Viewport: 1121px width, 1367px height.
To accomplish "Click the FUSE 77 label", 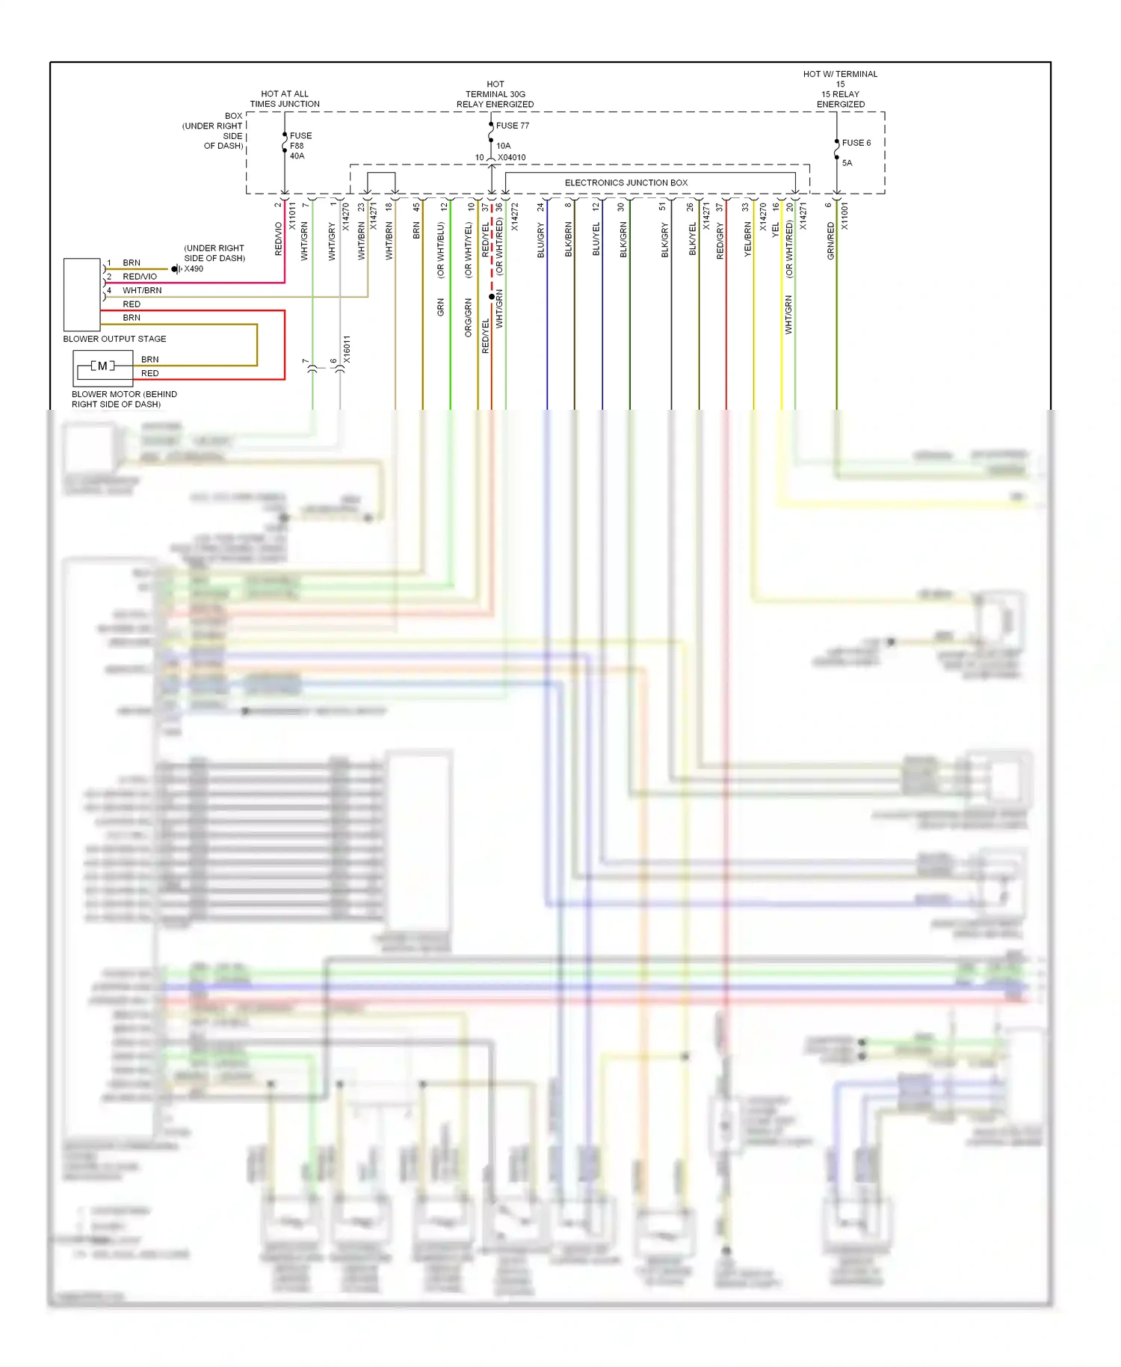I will [x=513, y=126].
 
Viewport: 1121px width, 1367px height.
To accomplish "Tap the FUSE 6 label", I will [x=856, y=143].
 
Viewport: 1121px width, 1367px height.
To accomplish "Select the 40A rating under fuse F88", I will [x=297, y=156].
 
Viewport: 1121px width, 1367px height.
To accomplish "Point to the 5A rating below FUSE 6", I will [x=847, y=163].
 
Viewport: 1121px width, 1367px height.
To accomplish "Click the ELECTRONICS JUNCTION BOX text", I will [x=626, y=182].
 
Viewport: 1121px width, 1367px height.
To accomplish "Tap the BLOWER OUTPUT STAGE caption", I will [x=114, y=339].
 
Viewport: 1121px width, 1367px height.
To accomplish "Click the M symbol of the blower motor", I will [x=102, y=366].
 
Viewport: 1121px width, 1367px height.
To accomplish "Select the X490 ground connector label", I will [x=194, y=269].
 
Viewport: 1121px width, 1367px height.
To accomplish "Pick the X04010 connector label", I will [x=512, y=158].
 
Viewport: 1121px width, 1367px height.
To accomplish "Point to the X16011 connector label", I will [x=347, y=349].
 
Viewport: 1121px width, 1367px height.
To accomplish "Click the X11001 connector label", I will [x=845, y=216].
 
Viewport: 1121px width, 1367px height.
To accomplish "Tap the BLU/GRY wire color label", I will [x=541, y=241].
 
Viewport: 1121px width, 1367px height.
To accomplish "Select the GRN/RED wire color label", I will [x=831, y=241].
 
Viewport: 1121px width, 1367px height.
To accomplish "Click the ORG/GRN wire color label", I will [x=469, y=318].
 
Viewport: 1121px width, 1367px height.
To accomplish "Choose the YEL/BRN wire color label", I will [x=748, y=239].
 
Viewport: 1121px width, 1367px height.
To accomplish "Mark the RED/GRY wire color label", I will [x=720, y=241].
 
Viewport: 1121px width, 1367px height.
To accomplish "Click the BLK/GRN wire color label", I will [x=623, y=240].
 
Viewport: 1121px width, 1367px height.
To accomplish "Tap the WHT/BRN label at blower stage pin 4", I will [x=142, y=290].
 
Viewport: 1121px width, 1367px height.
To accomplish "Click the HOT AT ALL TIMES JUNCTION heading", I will [x=285, y=99].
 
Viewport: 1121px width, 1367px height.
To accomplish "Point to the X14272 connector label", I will [x=515, y=216].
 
